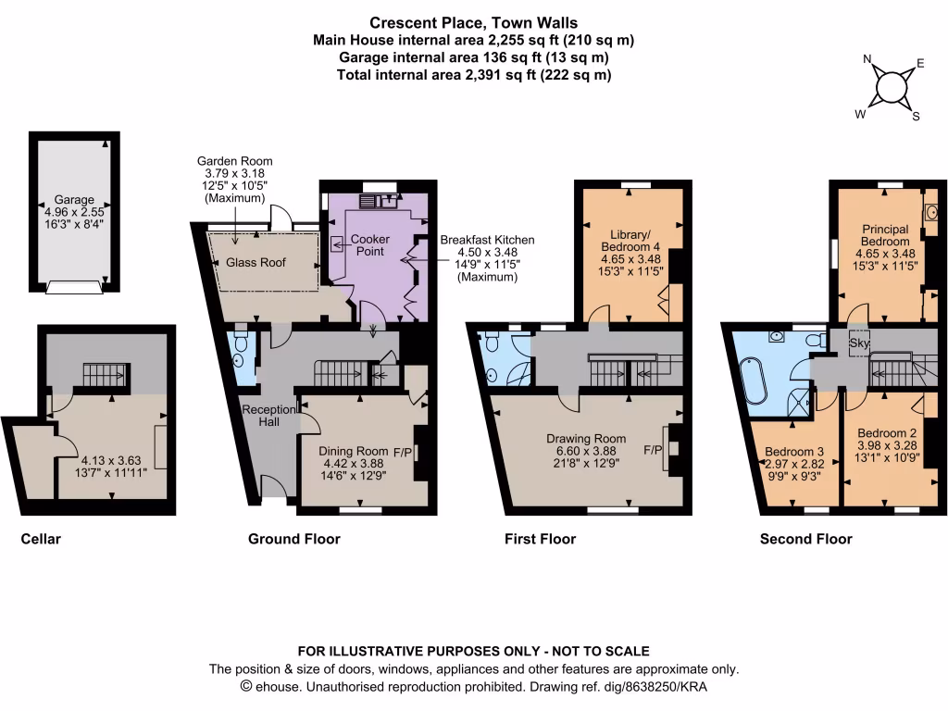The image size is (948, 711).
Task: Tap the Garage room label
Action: [74, 199]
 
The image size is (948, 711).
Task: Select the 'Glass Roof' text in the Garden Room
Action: [256, 263]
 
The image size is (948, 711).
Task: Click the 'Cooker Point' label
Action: [370, 245]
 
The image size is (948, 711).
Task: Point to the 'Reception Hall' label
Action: [268, 416]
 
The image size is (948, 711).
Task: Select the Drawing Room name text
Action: [585, 439]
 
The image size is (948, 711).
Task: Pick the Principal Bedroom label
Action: [885, 235]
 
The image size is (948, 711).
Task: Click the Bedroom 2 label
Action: [886, 432]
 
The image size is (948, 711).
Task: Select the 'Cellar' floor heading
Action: [41, 539]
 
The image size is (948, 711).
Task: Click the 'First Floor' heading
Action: [540, 539]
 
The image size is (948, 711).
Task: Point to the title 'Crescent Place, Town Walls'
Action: [474, 22]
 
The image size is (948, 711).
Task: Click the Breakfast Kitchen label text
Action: [487, 240]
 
